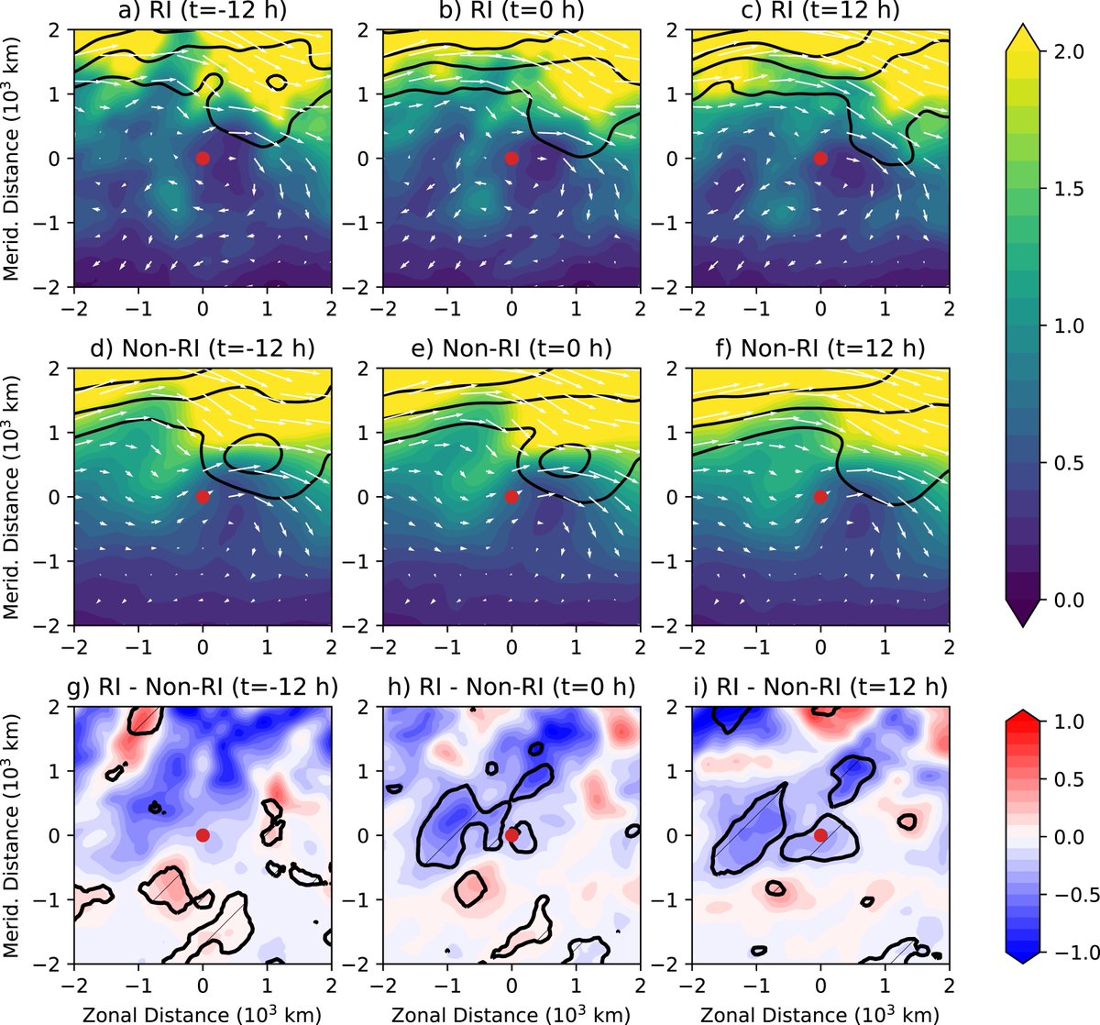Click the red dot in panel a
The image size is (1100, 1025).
coord(203,158)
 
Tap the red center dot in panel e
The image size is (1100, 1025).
coord(511,496)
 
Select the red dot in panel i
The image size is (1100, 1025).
coord(820,834)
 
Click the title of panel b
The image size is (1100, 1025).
coord(511,13)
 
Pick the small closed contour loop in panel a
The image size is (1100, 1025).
coord(275,83)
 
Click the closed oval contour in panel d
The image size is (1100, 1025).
coord(252,452)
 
